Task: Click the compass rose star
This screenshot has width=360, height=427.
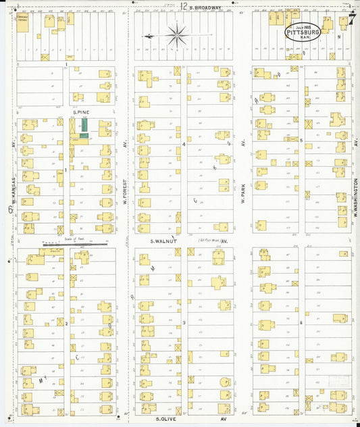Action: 177,34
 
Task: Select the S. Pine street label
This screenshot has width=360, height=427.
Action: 80,112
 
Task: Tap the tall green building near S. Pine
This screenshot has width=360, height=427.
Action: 85,124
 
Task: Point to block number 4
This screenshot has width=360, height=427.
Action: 184,145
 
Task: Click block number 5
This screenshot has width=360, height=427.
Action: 301,140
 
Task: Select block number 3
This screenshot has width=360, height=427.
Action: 184,324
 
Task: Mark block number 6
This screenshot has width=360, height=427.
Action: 301,323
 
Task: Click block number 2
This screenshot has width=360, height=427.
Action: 66,324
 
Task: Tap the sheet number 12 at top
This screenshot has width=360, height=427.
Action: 184,6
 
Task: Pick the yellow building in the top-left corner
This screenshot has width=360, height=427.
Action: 23,23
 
